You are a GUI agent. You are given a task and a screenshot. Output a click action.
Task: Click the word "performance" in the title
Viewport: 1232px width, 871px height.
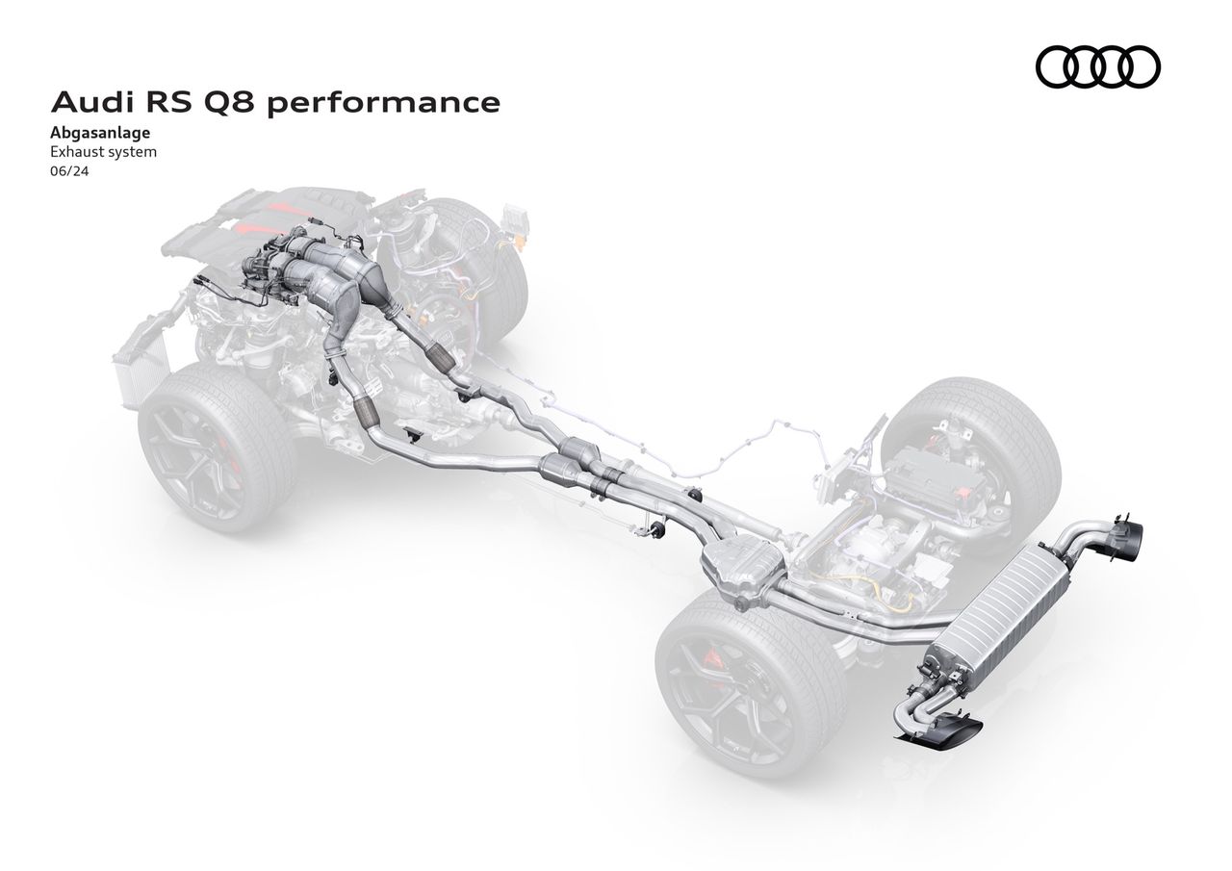coord(384,103)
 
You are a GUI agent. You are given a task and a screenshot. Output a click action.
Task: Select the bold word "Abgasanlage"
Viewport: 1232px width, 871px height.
coord(100,133)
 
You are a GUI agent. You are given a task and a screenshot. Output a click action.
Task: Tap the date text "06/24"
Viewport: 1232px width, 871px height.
coord(69,171)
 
